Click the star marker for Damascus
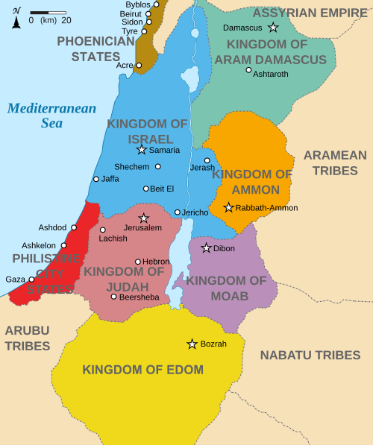coord(274,28)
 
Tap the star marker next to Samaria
coord(142,150)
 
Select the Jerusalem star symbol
coord(144,218)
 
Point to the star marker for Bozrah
coord(192,344)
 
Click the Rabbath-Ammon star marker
coord(228,207)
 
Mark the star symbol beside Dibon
coord(207,247)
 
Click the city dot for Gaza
coord(31,280)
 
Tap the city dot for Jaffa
coord(95,179)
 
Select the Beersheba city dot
coord(113,297)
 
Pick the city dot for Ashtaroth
coord(248,70)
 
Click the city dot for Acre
coord(139,66)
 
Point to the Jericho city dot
coord(178,212)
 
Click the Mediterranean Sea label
coord(51,116)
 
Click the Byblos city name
coord(138,4)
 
